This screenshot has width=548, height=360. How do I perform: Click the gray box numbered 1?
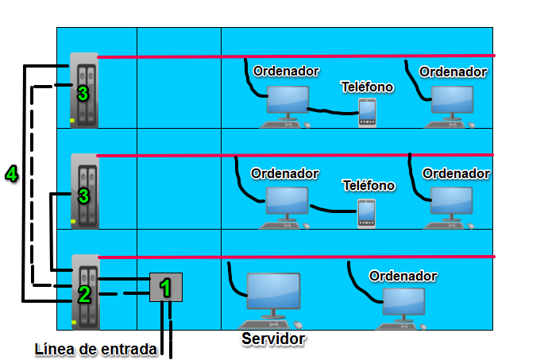click(166, 287)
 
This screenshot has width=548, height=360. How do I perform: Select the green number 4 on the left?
click(11, 174)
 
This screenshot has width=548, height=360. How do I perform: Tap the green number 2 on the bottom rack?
click(83, 296)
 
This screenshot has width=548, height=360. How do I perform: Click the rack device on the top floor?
click(83, 90)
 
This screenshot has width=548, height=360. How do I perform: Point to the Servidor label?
click(273, 339)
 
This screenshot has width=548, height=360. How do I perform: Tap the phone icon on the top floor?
click(367, 112)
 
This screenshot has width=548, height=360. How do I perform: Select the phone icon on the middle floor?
click(365, 213)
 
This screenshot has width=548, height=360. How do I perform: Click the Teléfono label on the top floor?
click(367, 87)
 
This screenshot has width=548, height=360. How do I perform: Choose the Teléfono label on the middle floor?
click(368, 185)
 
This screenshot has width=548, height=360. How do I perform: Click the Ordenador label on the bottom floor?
click(403, 276)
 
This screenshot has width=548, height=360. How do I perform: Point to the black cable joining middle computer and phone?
click(334, 210)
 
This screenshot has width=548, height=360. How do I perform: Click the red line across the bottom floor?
click(318, 257)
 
